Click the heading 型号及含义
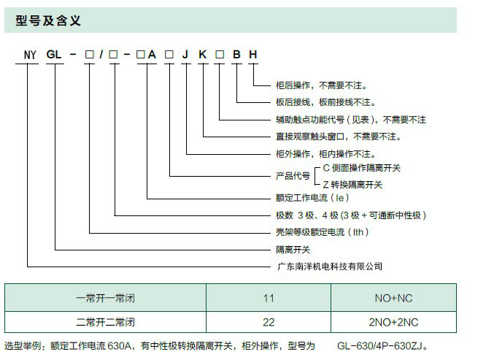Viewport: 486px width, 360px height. point(48,20)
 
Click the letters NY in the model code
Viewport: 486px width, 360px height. point(30,55)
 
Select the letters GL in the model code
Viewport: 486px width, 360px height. point(54,55)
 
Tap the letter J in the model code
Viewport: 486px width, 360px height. point(185,55)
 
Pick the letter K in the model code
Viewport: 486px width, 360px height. point(202,55)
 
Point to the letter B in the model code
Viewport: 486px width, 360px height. point(236,55)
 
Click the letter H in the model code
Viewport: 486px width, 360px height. point(253,55)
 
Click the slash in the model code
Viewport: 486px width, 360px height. point(101,55)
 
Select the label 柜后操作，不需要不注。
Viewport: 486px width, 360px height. point(321,85)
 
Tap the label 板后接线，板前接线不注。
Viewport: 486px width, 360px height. point(325,102)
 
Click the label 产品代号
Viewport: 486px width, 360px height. point(293,176)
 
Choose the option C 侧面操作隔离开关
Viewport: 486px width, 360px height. point(362,168)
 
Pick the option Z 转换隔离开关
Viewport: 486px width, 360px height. point(352,185)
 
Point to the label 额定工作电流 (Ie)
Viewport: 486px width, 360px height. point(312,198)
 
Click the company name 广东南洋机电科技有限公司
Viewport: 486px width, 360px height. point(330,267)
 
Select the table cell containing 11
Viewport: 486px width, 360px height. point(269,298)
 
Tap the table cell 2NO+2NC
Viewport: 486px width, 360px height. point(393,322)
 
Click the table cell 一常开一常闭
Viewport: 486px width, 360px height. point(105,298)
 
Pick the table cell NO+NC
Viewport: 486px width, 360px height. point(393,298)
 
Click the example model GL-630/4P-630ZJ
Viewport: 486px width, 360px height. point(382,345)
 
